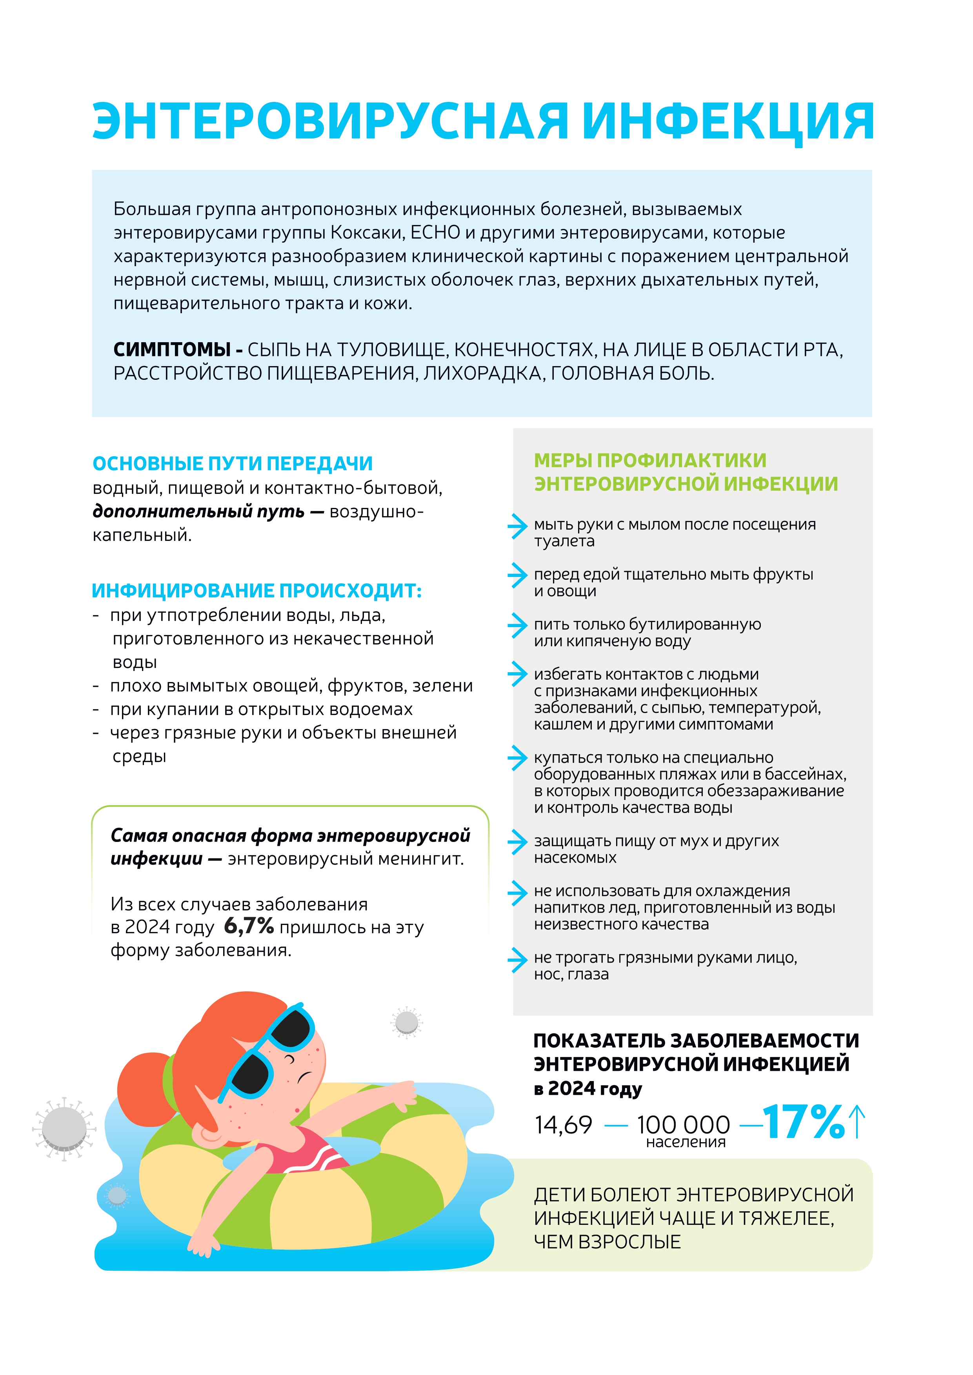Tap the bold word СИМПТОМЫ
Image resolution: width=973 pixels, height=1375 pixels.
172,350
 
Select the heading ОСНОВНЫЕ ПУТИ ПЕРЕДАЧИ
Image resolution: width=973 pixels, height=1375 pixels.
233,464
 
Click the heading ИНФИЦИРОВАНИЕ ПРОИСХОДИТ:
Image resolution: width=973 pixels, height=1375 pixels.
256,591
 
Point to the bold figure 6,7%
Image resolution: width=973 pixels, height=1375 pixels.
249,927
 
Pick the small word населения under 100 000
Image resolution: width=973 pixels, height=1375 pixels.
686,1142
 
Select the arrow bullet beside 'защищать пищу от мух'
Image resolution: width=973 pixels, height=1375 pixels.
517,843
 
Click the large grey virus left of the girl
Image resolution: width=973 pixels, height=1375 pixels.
64,1129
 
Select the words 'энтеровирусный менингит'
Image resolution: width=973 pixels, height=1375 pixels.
345,859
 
